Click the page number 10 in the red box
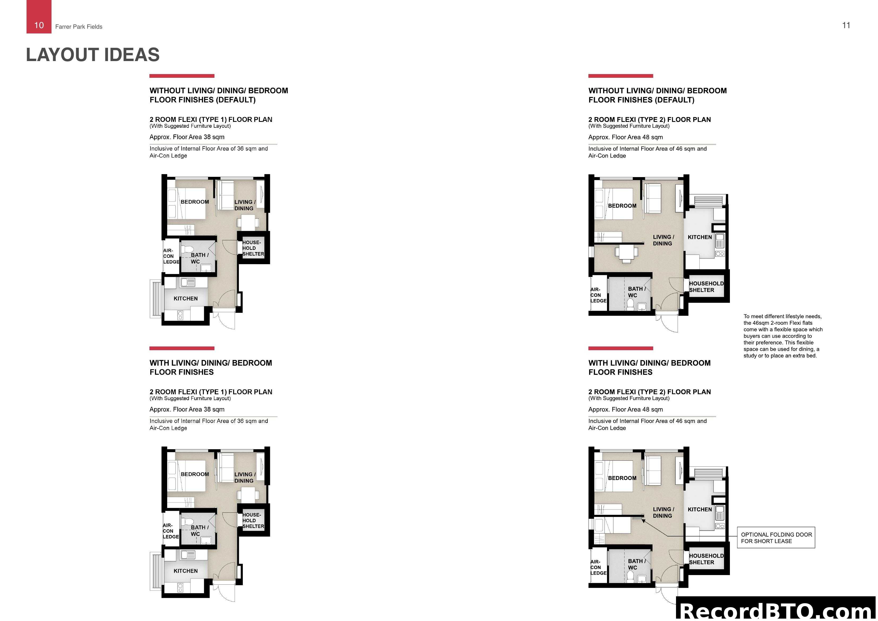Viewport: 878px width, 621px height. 39,25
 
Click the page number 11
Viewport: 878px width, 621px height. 846,25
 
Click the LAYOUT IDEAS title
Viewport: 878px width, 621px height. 93,55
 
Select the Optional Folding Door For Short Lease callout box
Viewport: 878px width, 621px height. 776,538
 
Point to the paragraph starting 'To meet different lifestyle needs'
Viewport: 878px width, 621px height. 782,336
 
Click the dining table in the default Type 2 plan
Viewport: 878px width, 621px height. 626,252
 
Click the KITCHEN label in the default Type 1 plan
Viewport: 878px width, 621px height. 186,298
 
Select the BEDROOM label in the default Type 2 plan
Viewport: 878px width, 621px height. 622,206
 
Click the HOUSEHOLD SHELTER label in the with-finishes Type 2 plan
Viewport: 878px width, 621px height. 706,559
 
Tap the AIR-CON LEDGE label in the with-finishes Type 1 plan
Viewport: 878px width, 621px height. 171,531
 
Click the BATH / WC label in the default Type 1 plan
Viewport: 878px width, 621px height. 199,258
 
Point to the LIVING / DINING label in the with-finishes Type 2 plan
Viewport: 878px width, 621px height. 663,512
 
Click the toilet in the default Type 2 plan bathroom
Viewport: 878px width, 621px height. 630,304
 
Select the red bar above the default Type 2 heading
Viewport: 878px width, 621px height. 620,76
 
